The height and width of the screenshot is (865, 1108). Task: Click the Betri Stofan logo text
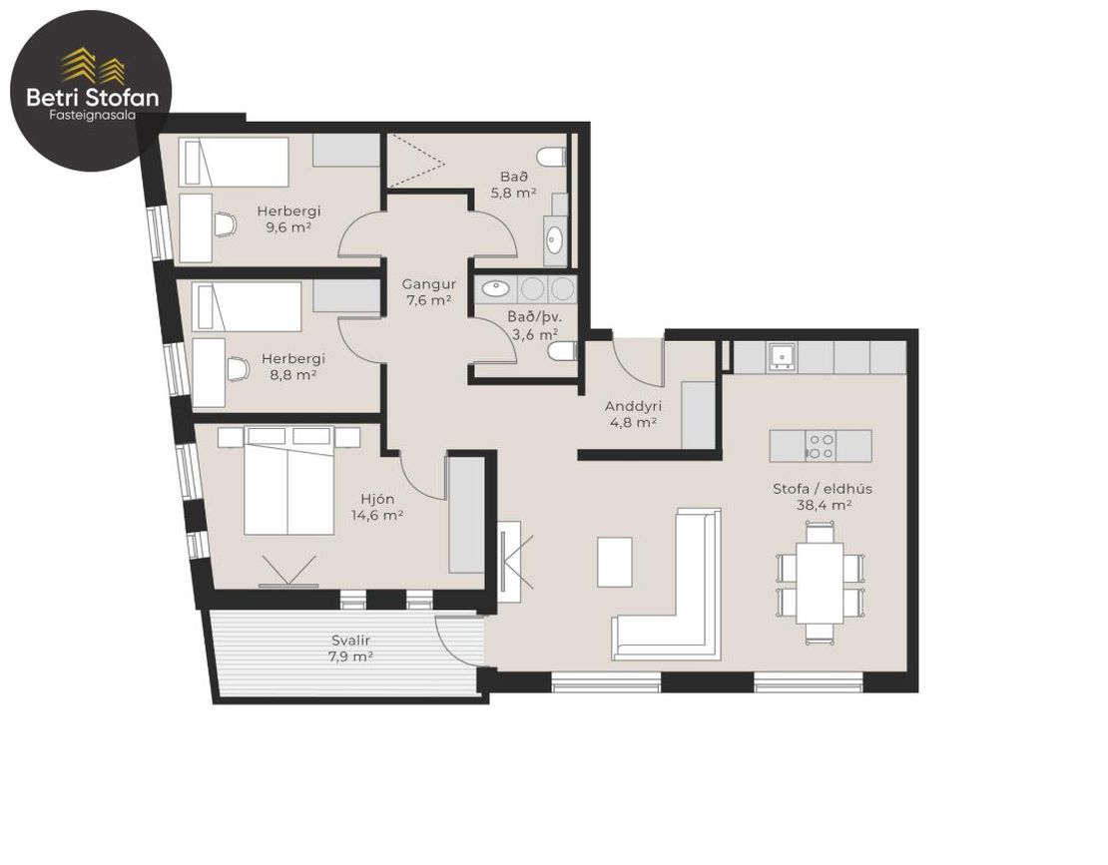pyautogui.click(x=92, y=97)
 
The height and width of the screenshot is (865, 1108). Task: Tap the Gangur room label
pyautogui.click(x=429, y=284)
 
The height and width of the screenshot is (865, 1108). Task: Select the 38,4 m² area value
pyautogui.click(x=824, y=505)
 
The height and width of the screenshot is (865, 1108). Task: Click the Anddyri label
pyautogui.click(x=633, y=407)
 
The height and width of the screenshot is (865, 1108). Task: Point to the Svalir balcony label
pyautogui.click(x=351, y=641)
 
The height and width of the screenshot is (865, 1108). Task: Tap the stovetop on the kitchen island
pyautogui.click(x=820, y=446)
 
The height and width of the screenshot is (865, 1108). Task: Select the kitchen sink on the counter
pyautogui.click(x=782, y=356)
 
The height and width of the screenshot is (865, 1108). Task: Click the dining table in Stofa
pyautogui.click(x=820, y=583)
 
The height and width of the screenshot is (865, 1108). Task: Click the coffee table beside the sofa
pyautogui.click(x=615, y=562)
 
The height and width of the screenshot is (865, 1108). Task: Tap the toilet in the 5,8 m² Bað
pyautogui.click(x=551, y=157)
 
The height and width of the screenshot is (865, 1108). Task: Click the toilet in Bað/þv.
pyautogui.click(x=564, y=351)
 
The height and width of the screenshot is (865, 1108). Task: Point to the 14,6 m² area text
pyautogui.click(x=377, y=516)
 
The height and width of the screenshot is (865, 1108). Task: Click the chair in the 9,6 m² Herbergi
pyautogui.click(x=225, y=225)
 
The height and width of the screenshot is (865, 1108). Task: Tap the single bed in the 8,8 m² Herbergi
pyautogui.click(x=247, y=306)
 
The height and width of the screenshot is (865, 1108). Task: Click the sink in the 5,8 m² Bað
pyautogui.click(x=553, y=240)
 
